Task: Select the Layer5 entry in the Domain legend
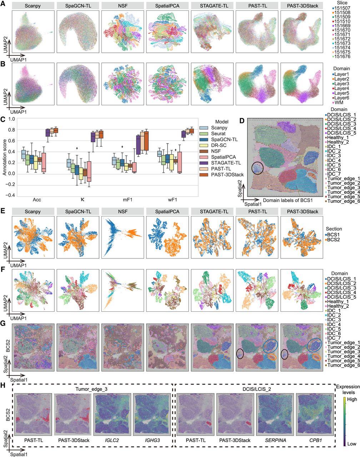tap(340, 93)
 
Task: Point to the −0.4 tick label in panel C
tap(10, 195)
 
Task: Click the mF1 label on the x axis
tap(127, 200)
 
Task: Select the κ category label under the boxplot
tap(82, 200)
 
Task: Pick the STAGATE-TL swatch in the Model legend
tap(204, 163)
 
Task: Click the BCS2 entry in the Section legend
tap(333, 240)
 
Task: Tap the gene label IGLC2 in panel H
tap(112, 441)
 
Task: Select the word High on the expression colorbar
tap(352, 399)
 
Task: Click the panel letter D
tap(242, 120)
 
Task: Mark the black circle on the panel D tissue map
tap(257, 168)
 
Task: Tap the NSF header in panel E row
tap(122, 212)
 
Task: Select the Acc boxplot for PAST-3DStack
tap(56, 130)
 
